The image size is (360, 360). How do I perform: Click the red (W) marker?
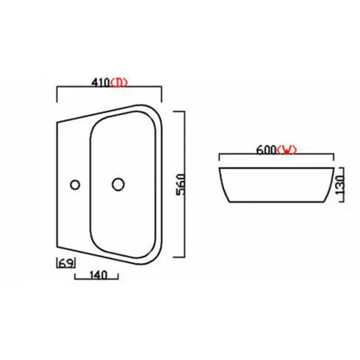coord(287,149)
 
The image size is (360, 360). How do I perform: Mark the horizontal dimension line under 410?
coord(109,91)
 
